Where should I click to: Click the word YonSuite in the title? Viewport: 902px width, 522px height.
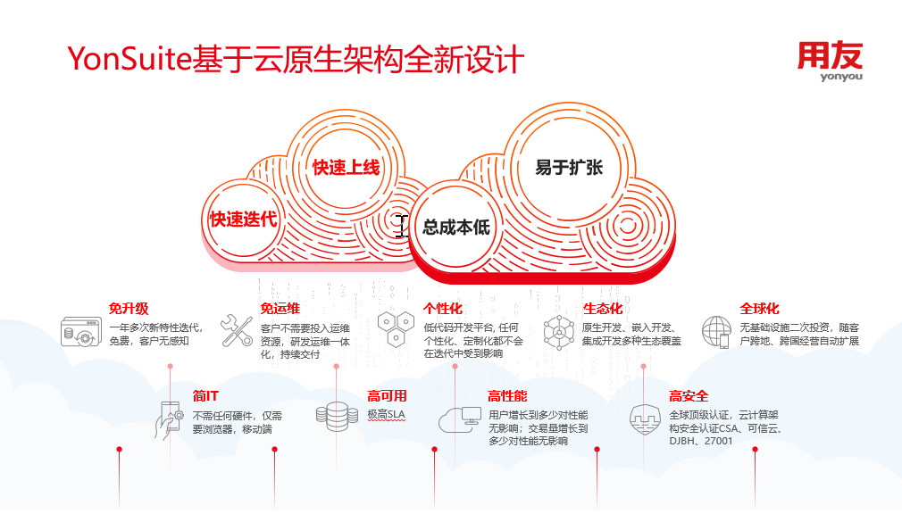[129, 59]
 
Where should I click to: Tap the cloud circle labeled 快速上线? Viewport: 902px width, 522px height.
[345, 167]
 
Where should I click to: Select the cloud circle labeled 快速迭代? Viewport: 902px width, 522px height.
[243, 219]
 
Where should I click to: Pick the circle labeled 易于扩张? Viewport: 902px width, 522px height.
[569, 167]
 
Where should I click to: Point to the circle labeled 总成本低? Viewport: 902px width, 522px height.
[455, 227]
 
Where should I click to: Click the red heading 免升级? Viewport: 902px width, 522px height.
[129, 309]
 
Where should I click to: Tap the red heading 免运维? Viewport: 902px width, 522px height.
[280, 309]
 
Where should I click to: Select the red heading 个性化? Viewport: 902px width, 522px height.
[443, 309]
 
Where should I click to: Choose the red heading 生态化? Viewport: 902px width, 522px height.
[603, 309]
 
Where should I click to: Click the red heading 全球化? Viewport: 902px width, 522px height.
[759, 309]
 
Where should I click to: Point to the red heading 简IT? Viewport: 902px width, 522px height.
[205, 396]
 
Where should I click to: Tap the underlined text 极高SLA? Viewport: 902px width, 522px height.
[386, 415]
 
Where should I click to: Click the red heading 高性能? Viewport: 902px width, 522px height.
[507, 396]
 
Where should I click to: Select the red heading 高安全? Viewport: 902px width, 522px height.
[689, 396]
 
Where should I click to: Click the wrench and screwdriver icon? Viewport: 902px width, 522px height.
[237, 330]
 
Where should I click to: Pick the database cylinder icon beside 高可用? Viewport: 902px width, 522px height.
[337, 416]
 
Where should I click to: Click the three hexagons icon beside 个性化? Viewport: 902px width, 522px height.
[396, 329]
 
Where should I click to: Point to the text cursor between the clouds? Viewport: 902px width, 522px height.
[402, 226]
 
